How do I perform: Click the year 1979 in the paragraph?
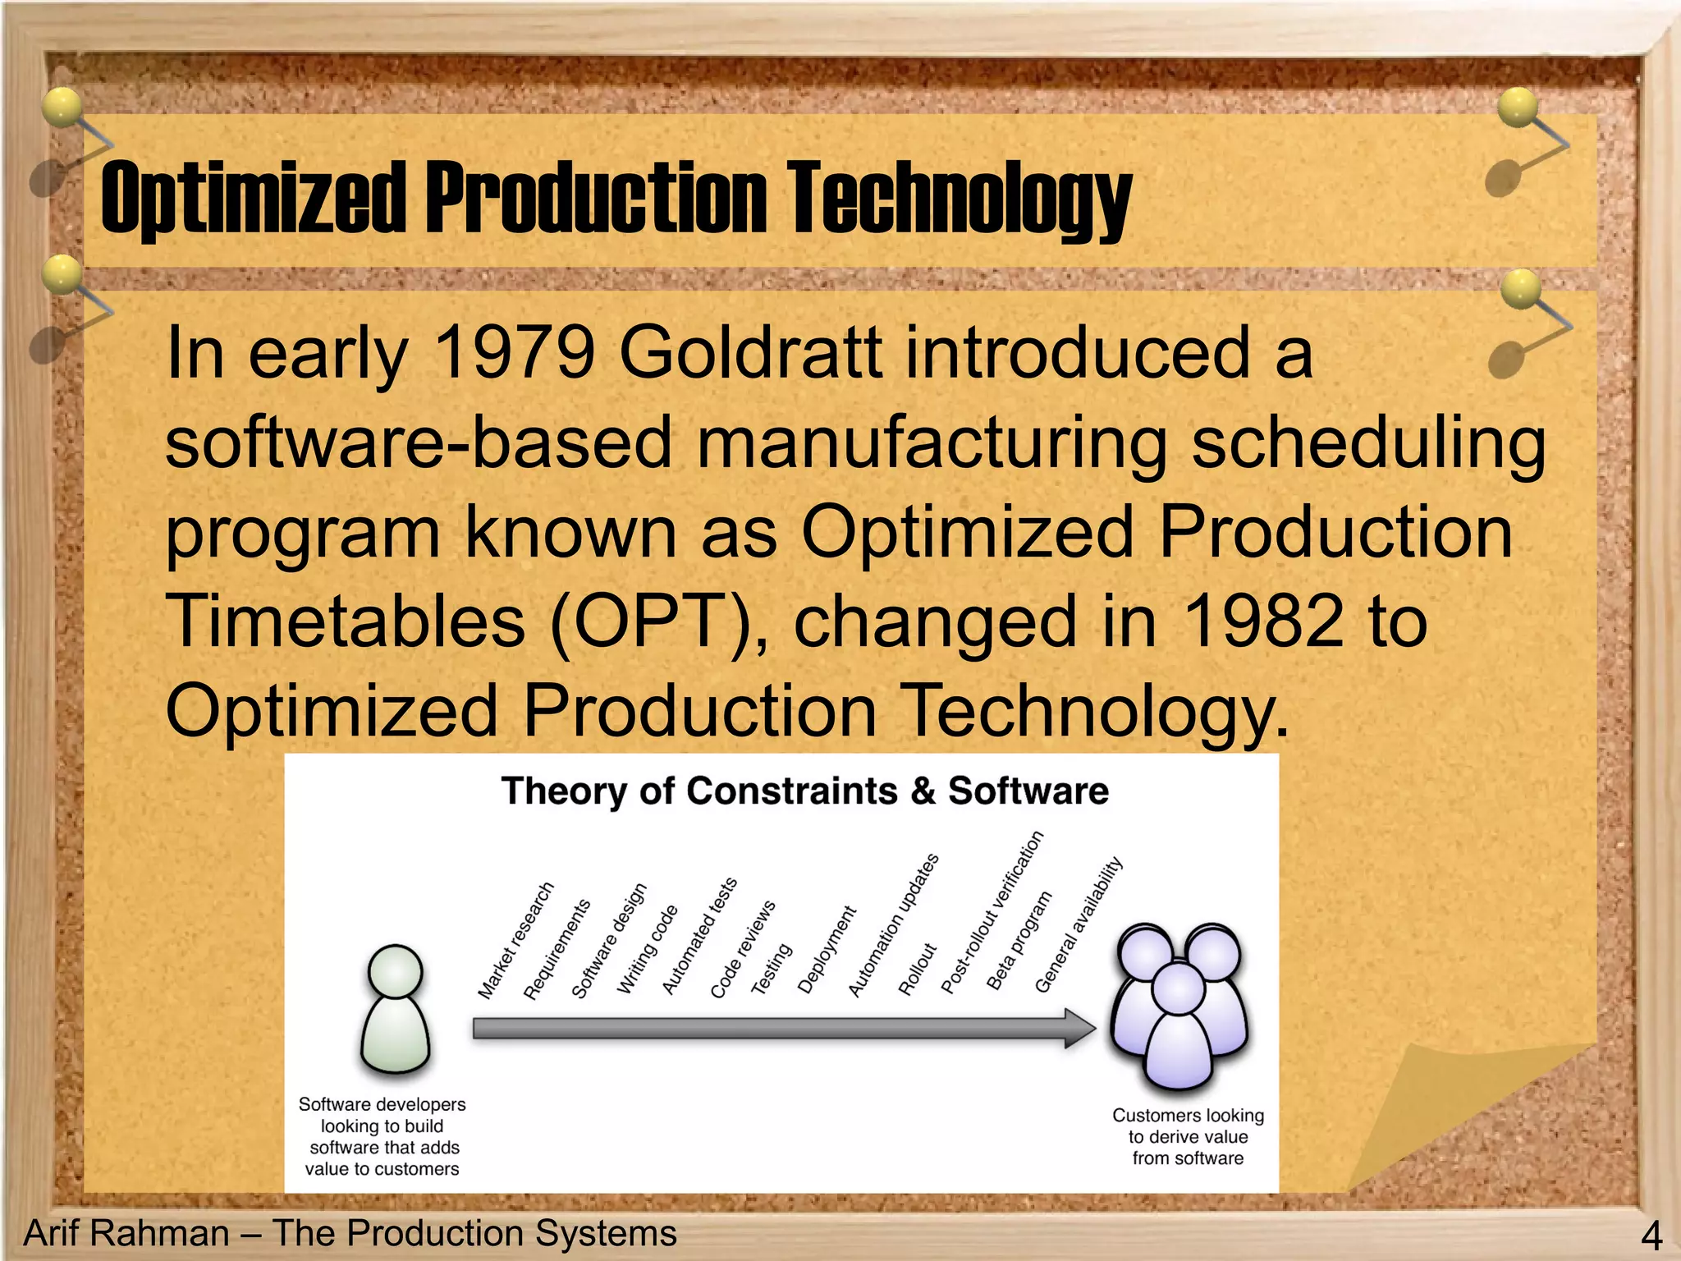(512, 353)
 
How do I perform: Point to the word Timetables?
(345, 621)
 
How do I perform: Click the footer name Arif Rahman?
(127, 1233)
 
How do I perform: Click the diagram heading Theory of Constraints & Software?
(804, 791)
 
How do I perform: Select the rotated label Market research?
(515, 941)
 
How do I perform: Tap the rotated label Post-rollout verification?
(992, 912)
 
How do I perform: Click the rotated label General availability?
(1078, 924)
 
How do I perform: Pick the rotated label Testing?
(771, 969)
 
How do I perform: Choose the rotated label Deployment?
(827, 950)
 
